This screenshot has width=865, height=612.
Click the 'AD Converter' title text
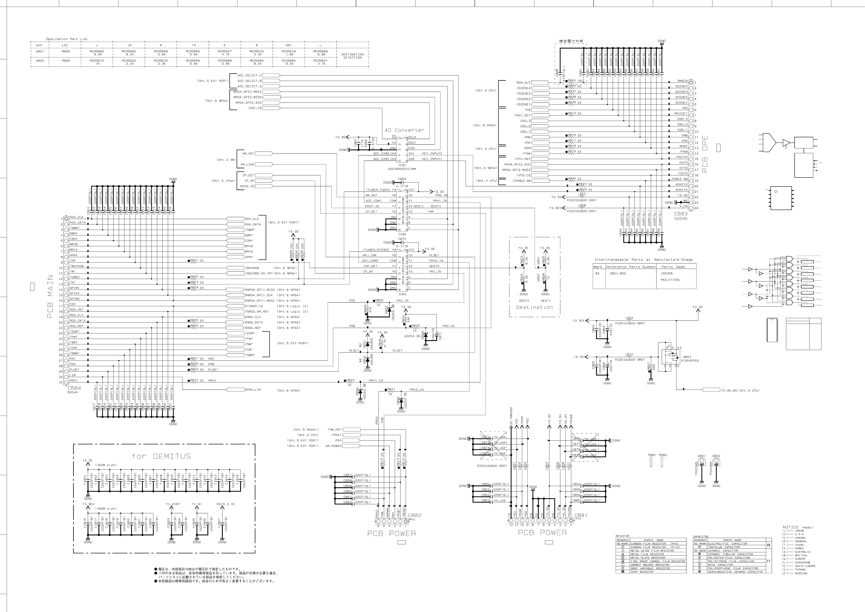(404, 130)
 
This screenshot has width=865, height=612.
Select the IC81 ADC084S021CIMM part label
(402, 167)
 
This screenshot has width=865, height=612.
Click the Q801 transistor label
(687, 357)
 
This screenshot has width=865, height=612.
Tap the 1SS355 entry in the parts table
(667, 274)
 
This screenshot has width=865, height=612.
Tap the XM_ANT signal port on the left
(248, 153)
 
